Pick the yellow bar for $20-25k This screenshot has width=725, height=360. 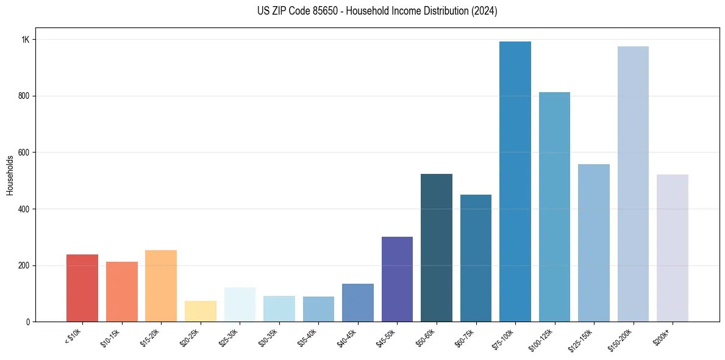201,311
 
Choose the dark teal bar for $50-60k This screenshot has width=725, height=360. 437,248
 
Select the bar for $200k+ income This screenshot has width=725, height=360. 672,248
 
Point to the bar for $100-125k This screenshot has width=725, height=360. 554,207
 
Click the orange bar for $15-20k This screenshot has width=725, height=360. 161,286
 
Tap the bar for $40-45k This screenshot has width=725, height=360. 358,303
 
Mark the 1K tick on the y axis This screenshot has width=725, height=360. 26,40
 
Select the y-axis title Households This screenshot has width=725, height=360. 10,175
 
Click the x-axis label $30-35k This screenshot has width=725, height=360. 271,337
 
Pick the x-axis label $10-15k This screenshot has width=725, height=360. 114,337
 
